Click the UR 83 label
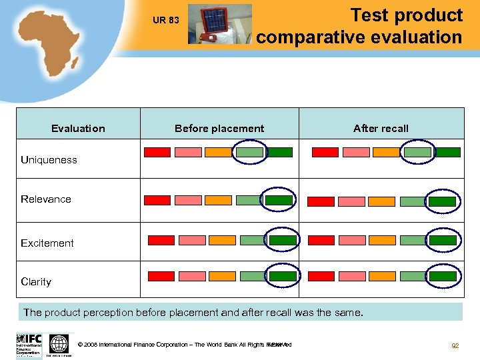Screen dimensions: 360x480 click(x=165, y=20)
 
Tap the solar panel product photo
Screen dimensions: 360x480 click(x=219, y=24)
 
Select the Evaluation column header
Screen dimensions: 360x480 click(x=78, y=128)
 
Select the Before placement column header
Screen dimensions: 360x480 click(x=219, y=128)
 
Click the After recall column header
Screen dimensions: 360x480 click(x=381, y=128)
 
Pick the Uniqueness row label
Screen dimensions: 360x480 click(x=49, y=160)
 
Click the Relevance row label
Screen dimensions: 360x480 click(x=45, y=199)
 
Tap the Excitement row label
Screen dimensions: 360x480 click(x=47, y=243)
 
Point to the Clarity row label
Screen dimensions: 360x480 click(x=36, y=281)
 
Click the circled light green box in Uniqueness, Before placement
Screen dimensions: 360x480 click(x=249, y=152)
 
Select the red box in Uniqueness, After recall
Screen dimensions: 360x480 click(x=325, y=152)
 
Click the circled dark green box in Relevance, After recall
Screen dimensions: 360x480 click(x=442, y=201)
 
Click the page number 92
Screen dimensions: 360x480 click(x=455, y=345)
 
